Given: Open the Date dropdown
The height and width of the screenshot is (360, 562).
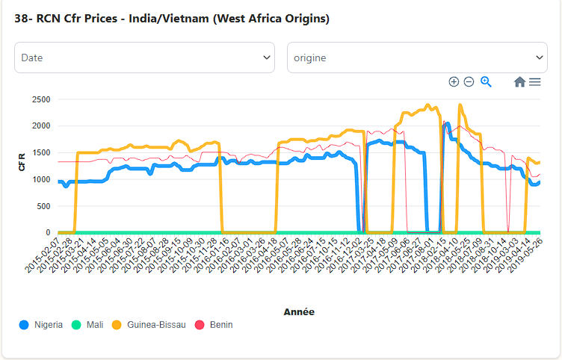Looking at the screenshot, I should point(144,58).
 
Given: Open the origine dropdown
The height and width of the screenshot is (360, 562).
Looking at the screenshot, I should point(417,58).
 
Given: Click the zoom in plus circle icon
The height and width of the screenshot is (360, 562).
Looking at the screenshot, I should point(454,82).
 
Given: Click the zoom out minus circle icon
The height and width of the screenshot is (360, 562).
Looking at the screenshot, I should point(469,82).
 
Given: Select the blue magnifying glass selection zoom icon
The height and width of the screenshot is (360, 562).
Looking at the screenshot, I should point(486,82).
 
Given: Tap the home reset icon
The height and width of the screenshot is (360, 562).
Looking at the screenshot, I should point(519,82).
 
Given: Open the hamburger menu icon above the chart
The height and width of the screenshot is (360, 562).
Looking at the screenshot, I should point(535,82).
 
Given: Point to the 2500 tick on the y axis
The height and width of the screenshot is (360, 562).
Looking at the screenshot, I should point(41,99).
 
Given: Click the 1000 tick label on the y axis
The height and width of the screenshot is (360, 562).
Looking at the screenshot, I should point(41,179).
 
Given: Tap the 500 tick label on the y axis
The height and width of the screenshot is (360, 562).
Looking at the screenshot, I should point(43,206).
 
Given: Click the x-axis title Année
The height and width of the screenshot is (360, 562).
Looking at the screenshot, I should point(299,311).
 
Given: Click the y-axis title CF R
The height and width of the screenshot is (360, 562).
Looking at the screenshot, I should point(22,163).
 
